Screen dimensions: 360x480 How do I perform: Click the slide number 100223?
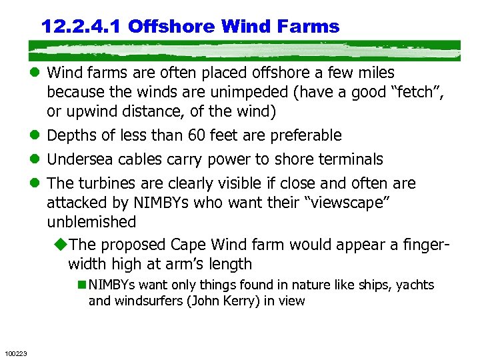click(x=15, y=353)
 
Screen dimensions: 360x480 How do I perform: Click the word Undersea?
click(x=81, y=159)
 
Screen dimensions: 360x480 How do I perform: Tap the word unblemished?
click(x=91, y=221)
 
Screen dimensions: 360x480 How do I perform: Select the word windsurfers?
click(x=147, y=301)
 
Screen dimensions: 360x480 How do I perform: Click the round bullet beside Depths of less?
click(x=35, y=136)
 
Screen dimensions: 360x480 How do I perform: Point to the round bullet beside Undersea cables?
click(x=35, y=160)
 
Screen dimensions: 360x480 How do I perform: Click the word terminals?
click(x=351, y=159)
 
